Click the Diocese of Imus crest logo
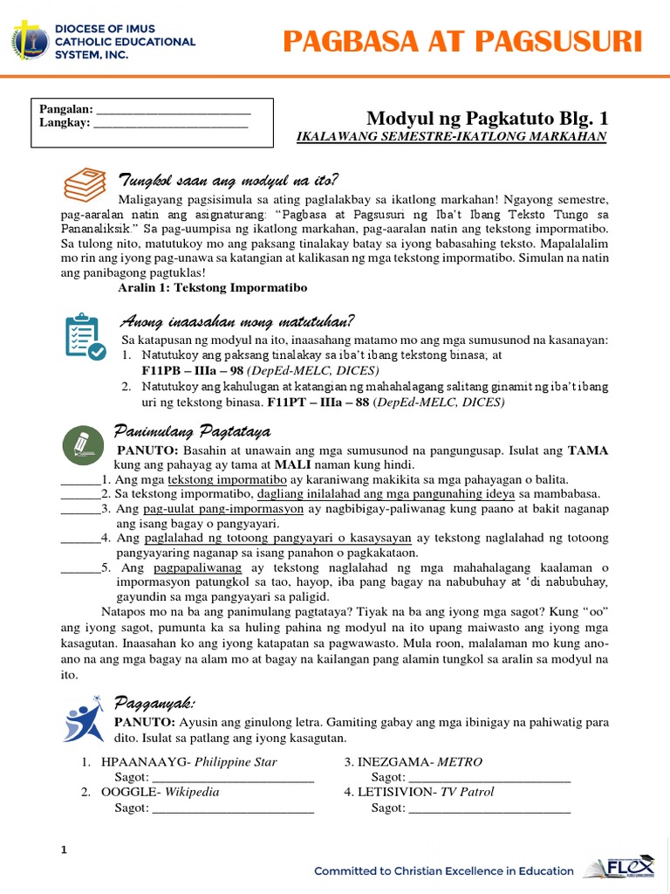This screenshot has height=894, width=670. click(x=32, y=41)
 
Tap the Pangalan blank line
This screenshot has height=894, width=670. click(x=173, y=110)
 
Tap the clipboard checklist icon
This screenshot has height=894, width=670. click(x=85, y=336)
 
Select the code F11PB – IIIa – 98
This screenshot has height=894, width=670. click(x=190, y=371)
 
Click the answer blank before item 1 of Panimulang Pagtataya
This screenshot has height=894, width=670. click(x=79, y=480)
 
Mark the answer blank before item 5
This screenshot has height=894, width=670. click(x=79, y=568)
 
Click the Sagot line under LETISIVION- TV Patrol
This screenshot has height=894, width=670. click(x=489, y=808)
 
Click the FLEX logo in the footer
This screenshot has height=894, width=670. click(x=622, y=870)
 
